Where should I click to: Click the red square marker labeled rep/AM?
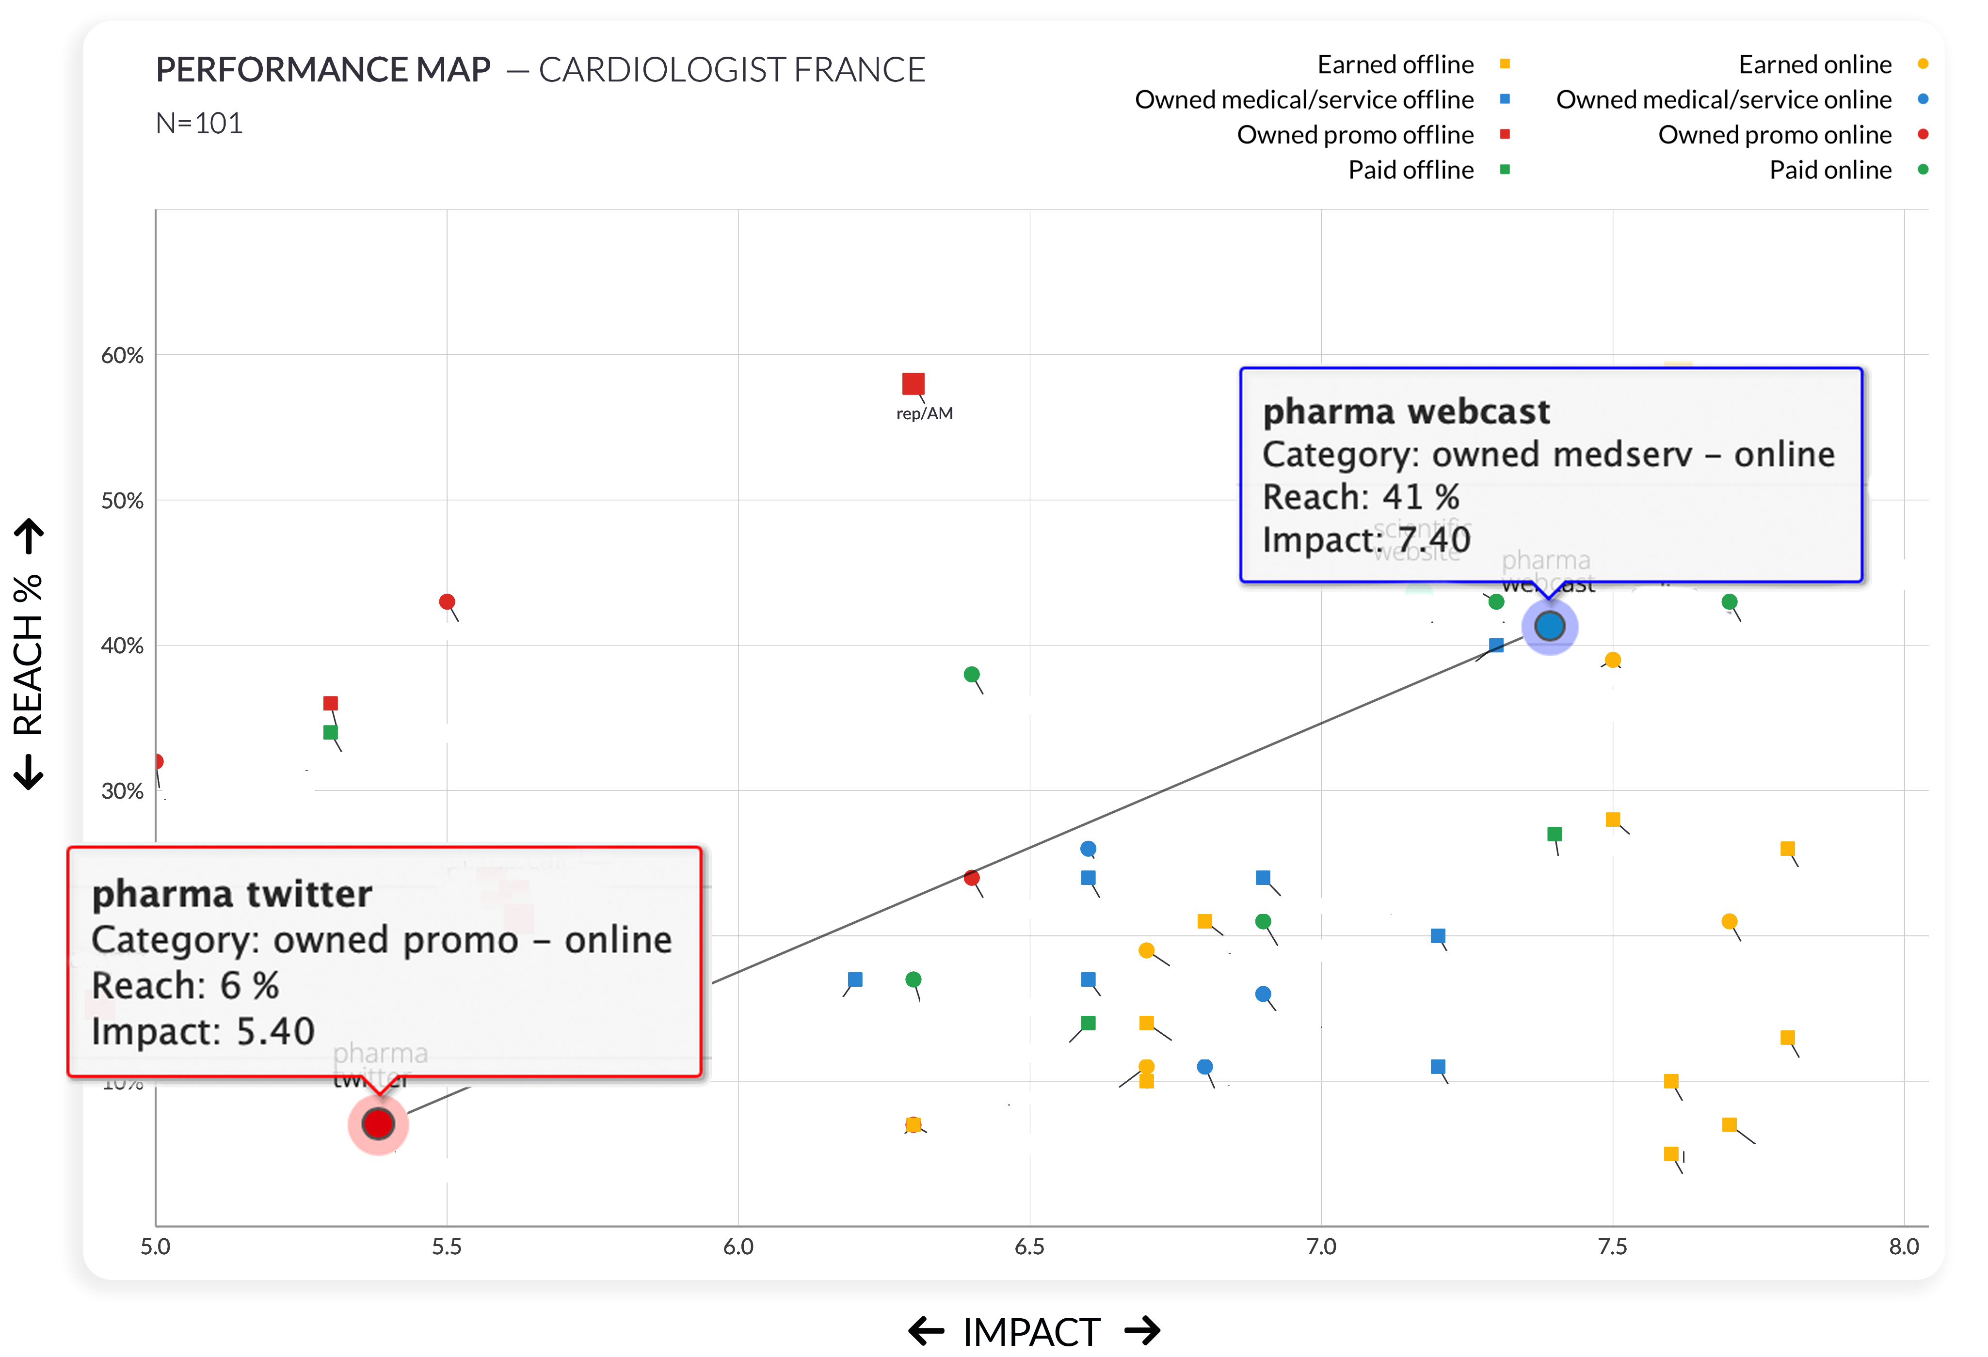[913, 384]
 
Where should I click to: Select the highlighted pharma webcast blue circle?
[1549, 627]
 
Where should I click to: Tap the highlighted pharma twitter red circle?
[378, 1123]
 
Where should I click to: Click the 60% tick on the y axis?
[122, 356]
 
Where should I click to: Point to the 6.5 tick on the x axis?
[1029, 1247]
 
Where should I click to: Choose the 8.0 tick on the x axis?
[1903, 1247]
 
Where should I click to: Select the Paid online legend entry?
[1830, 170]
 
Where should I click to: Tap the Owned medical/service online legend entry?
[1724, 100]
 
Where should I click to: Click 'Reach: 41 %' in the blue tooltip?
[1361, 497]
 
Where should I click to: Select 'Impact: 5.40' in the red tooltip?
[204, 1031]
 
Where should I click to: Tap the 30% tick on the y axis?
[122, 791]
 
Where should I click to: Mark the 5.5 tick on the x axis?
[447, 1247]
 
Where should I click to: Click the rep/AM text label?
[924, 414]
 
